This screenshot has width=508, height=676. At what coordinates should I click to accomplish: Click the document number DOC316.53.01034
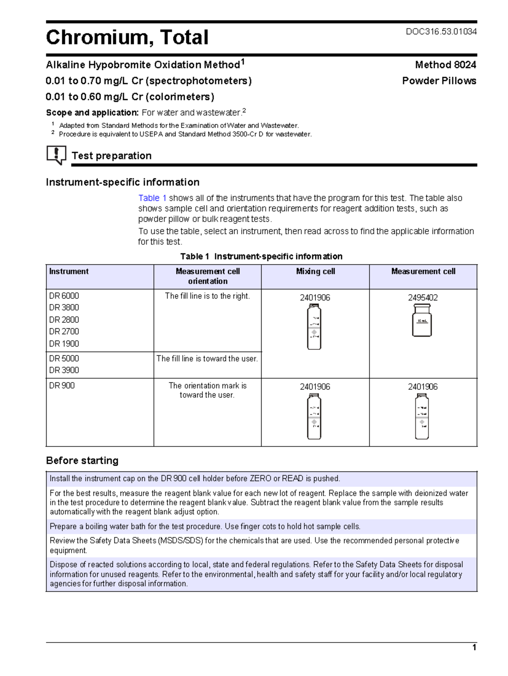point(441,31)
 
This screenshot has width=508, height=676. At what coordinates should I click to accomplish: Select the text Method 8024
point(445,65)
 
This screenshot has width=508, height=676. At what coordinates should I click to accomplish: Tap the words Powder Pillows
point(439,81)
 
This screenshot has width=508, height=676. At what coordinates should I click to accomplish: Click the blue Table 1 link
point(152,198)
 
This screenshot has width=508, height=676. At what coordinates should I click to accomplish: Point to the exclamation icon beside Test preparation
point(56,155)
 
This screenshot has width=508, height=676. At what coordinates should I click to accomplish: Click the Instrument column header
point(69,272)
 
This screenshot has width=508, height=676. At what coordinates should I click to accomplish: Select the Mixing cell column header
point(315,272)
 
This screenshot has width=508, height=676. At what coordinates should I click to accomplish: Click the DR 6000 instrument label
point(64,296)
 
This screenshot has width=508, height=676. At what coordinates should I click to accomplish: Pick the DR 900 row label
point(62,386)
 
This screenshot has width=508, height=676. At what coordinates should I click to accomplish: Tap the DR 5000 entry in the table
point(64,359)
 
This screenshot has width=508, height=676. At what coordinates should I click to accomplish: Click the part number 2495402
point(422,298)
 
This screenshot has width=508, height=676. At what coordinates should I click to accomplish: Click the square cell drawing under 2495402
point(422,321)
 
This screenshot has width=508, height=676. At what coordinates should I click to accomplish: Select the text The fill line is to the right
point(207,296)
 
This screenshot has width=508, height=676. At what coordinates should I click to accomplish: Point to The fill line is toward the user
point(207,359)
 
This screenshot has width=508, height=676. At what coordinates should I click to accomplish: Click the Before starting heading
point(82,461)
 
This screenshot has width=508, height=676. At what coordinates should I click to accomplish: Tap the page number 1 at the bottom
point(474,648)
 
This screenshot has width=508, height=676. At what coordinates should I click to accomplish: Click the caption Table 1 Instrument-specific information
point(261,257)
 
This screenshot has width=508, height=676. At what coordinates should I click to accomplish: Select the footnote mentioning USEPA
point(185,134)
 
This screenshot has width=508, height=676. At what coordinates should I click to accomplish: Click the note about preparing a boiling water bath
point(205,526)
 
